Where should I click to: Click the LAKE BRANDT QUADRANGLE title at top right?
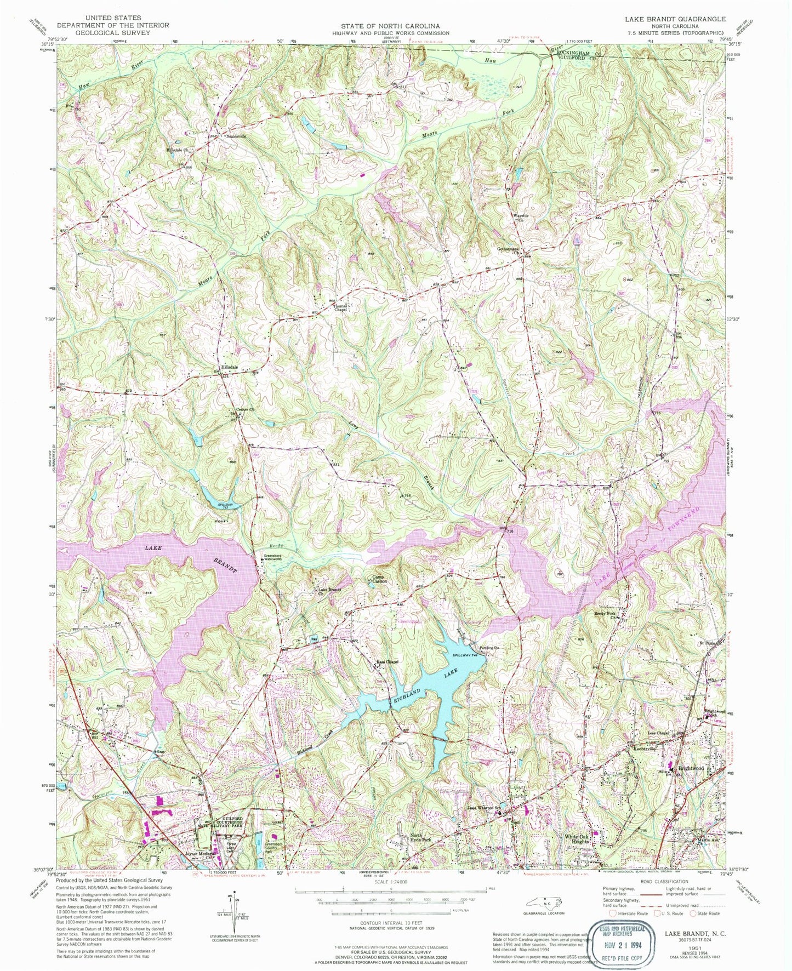click(x=675, y=19)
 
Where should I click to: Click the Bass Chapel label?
click(x=386, y=661)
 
